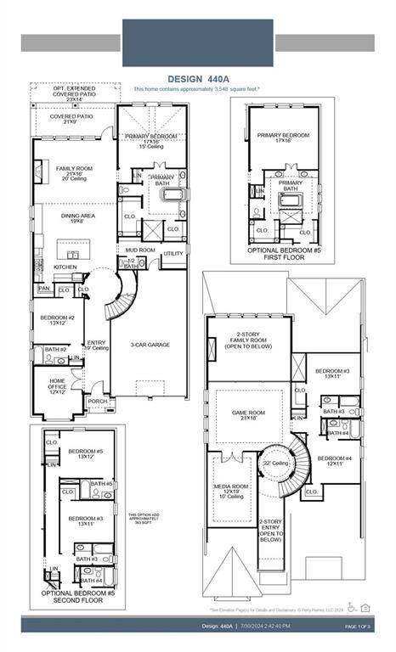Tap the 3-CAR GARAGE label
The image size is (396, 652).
click(x=150, y=346)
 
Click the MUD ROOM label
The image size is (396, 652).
click(x=141, y=250)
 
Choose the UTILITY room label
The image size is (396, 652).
click(x=173, y=253)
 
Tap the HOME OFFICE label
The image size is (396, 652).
click(x=58, y=384)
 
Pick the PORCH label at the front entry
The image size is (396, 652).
click(x=98, y=402)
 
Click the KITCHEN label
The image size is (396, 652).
click(x=65, y=267)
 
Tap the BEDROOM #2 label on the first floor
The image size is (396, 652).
click(x=57, y=320)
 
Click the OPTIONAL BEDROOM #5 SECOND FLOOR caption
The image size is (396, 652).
click(x=79, y=597)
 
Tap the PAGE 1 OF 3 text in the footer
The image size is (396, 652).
click(x=362, y=626)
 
